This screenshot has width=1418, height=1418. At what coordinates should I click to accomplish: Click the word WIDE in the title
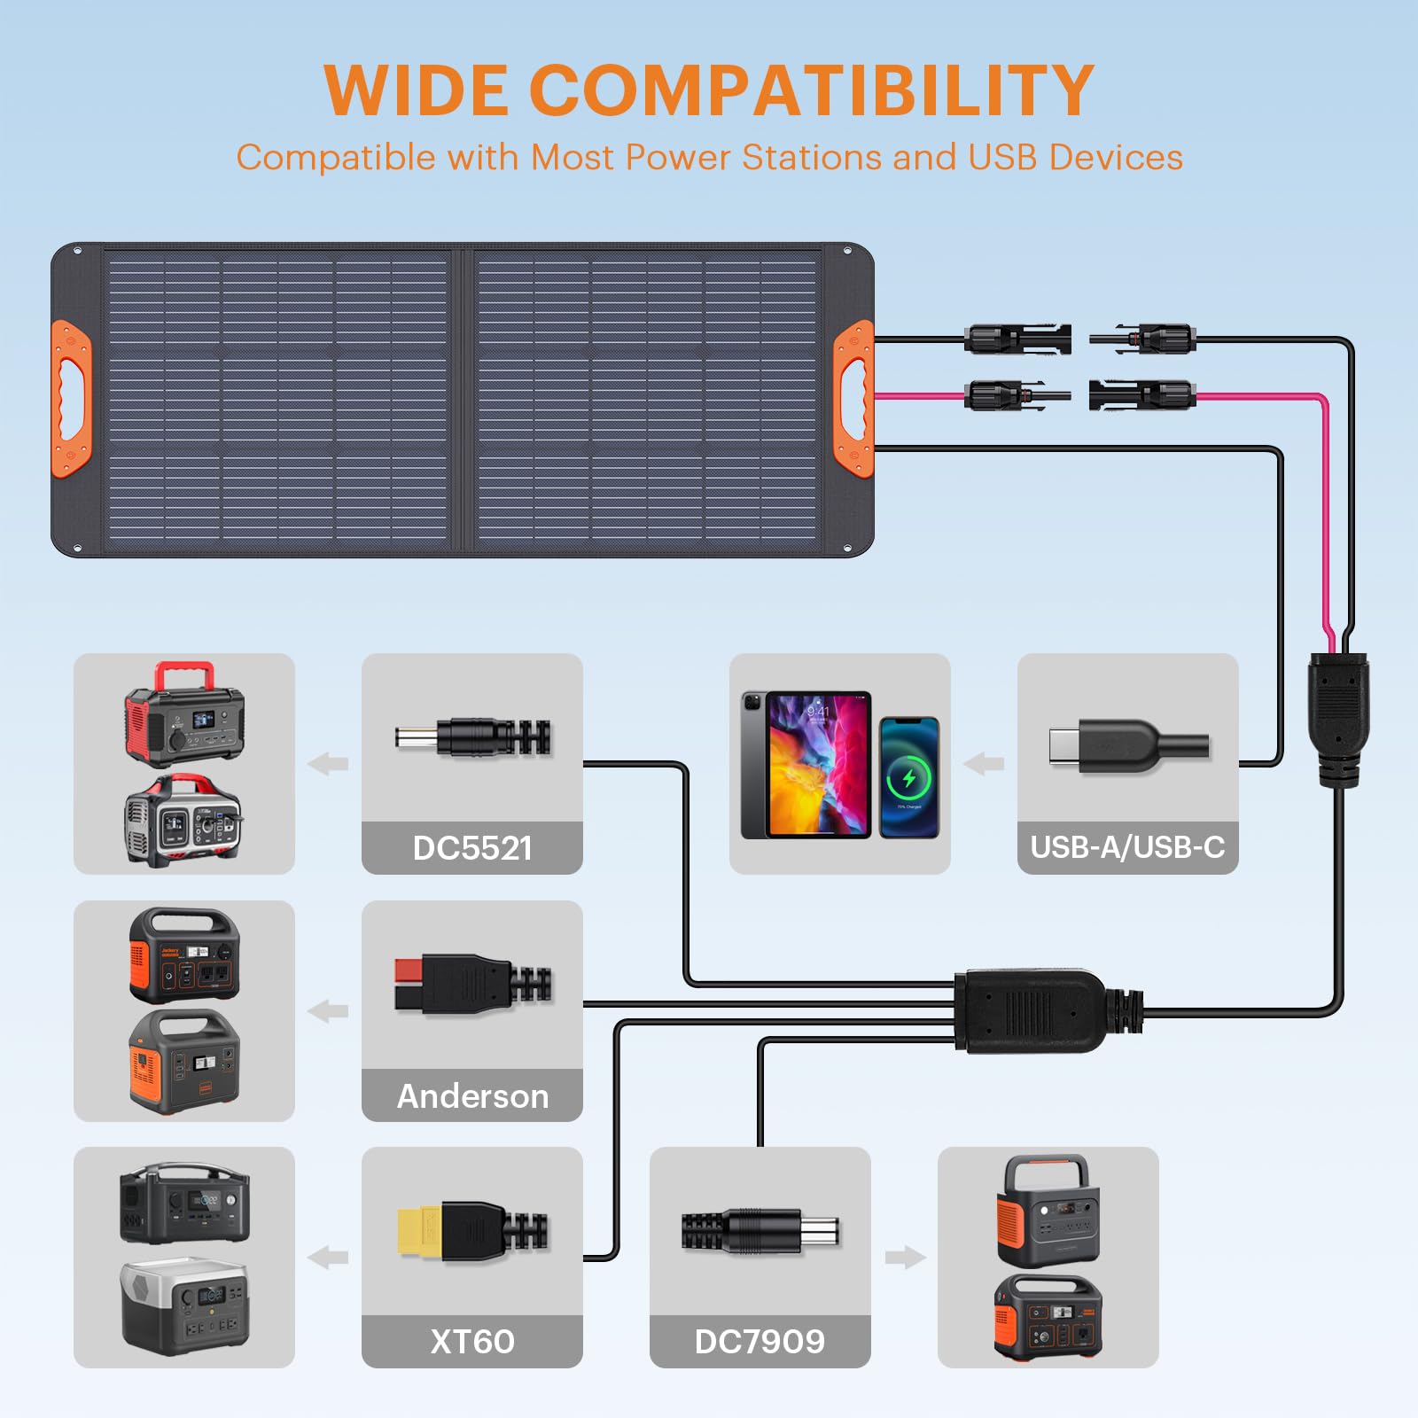point(415,90)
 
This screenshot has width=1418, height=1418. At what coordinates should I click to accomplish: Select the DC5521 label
point(472,848)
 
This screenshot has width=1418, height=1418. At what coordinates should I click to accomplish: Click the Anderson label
point(472,1096)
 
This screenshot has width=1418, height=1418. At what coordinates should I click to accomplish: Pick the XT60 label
point(472,1341)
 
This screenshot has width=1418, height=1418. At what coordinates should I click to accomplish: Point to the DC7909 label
point(760,1341)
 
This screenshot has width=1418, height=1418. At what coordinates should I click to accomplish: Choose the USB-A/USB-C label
point(1127,847)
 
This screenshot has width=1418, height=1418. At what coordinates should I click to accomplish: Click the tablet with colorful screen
point(806,764)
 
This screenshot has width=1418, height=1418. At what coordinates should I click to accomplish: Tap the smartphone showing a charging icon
point(908,777)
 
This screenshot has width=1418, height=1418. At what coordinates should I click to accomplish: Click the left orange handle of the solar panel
point(71,399)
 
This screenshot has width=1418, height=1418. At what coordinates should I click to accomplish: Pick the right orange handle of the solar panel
point(854,399)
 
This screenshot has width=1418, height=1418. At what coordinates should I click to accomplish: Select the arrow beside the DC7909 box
point(905,1257)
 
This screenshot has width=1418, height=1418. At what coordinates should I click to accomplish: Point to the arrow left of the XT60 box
point(328,1257)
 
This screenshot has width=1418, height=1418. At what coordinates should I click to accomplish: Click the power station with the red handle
point(184,714)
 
